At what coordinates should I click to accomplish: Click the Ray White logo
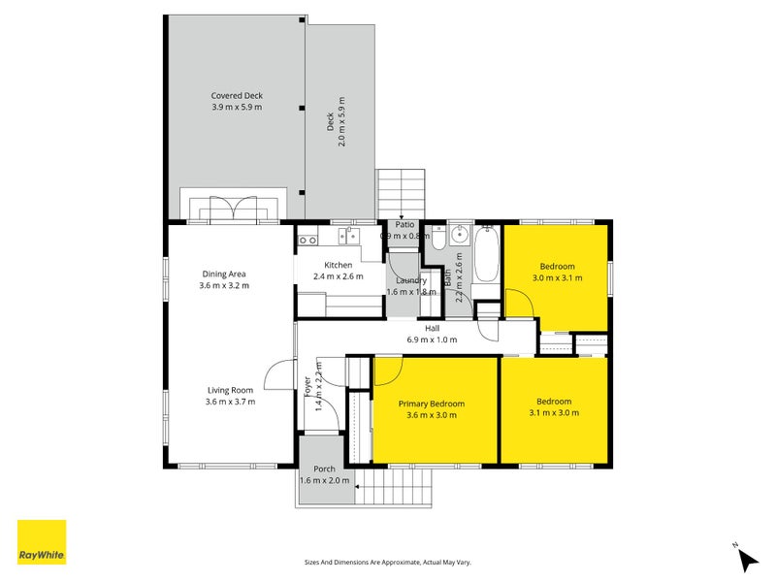pos(42,542)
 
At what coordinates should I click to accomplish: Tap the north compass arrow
pos(746,559)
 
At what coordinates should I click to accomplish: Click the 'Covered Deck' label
pos(237,96)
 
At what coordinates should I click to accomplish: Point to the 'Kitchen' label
pos(338,265)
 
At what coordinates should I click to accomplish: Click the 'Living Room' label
pos(230,390)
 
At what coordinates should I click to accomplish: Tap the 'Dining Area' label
pos(225,274)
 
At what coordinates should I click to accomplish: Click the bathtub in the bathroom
pos(485,254)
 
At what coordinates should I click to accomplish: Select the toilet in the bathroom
pos(437,238)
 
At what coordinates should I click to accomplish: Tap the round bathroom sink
pos(460,235)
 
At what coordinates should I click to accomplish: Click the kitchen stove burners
pos(307,239)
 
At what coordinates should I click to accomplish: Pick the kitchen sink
pos(348,236)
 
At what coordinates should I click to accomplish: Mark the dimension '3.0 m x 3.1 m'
pos(557,277)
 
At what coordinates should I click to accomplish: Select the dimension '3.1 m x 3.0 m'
pos(554,412)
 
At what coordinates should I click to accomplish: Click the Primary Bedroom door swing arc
pos(387,373)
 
